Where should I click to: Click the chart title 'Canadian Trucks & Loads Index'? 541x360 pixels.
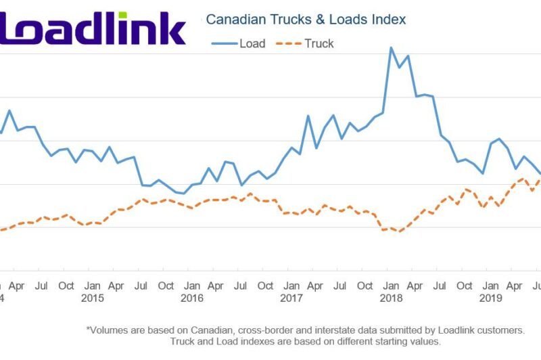point(306,20)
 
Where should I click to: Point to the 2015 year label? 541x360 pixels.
point(92,298)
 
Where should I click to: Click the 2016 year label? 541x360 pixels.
point(192,298)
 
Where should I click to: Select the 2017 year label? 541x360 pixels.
point(291,298)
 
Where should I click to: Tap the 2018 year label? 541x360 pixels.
point(391,298)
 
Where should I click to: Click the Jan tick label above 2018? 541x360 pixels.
point(391,286)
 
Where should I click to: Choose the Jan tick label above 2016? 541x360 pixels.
point(192,286)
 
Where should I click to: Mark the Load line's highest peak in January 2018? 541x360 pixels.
point(391,47)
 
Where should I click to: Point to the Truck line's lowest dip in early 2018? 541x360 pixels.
point(400,231)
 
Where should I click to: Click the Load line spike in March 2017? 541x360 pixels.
point(308,116)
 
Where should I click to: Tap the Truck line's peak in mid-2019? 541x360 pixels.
point(522,179)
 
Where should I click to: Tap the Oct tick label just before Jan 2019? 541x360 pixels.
point(465,286)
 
